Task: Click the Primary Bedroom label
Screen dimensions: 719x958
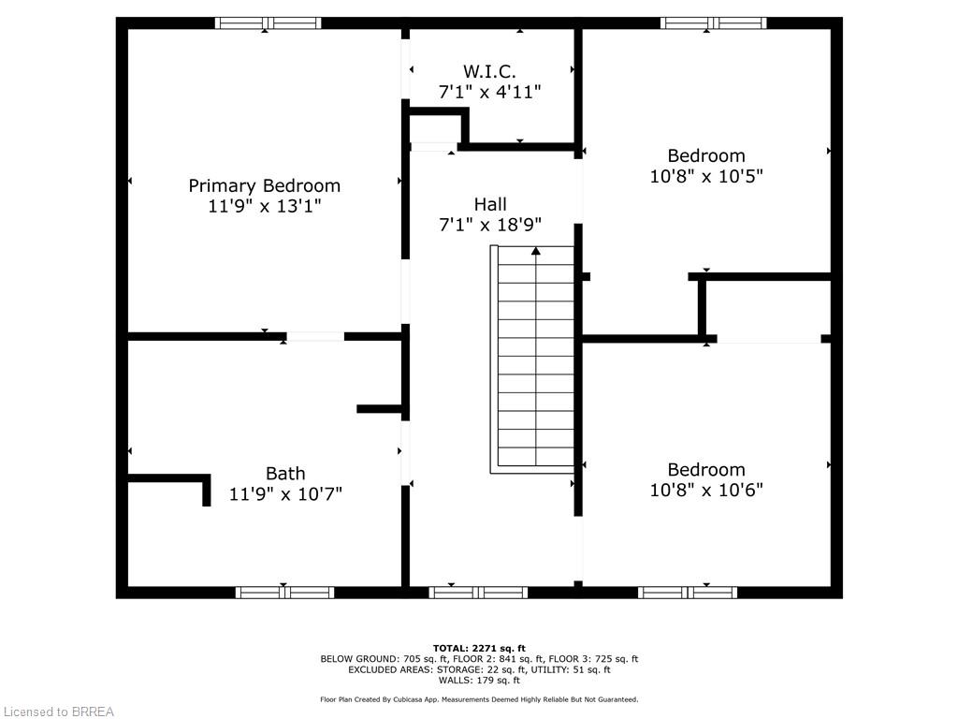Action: click(x=264, y=185)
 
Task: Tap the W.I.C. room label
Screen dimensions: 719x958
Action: click(x=489, y=71)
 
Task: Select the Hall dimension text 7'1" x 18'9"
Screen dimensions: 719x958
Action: click(x=489, y=225)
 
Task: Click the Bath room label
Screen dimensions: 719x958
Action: click(x=284, y=474)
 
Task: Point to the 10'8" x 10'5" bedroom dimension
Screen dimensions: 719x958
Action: click(x=706, y=176)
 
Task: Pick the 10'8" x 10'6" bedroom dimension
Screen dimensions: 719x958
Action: click(x=706, y=490)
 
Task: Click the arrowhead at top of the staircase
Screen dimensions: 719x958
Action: click(x=536, y=251)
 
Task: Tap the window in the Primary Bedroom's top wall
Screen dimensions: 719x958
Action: click(x=268, y=23)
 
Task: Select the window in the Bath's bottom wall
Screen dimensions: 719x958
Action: click(x=284, y=592)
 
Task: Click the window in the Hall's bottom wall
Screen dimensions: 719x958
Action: click(x=478, y=592)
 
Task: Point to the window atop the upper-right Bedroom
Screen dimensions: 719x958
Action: click(x=713, y=23)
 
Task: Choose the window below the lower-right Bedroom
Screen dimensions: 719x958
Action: click(x=688, y=592)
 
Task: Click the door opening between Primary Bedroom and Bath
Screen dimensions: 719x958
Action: click(x=315, y=336)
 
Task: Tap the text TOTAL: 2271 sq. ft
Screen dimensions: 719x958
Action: click(x=479, y=648)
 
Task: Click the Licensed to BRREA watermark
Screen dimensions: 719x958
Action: click(x=58, y=712)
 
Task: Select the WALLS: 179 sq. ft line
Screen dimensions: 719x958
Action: click(x=479, y=680)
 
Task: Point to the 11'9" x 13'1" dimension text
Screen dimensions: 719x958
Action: click(x=264, y=206)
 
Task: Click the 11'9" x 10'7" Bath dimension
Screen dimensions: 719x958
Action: click(x=284, y=493)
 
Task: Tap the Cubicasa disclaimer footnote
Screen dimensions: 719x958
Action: click(x=479, y=699)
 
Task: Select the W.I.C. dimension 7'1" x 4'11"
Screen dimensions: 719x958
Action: click(x=489, y=92)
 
